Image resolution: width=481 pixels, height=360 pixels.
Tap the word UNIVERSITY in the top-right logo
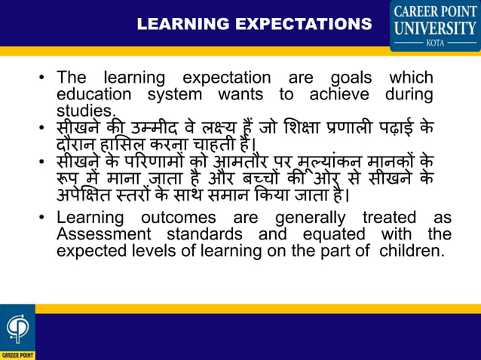435,29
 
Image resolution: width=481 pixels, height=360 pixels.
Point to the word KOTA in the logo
435,44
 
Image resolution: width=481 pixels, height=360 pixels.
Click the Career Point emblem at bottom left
17,331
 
